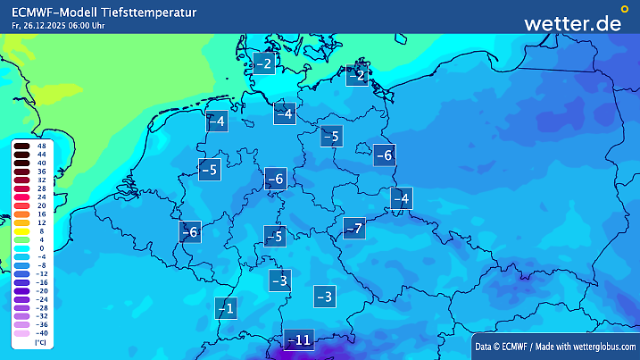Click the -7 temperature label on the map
pyautogui.click(x=354, y=228)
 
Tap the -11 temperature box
pyautogui.click(x=298, y=339)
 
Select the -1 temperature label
pyautogui.click(x=226, y=308)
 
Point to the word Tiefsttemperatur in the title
pyautogui.click(x=149, y=12)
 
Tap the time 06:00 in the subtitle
pyautogui.click(x=79, y=25)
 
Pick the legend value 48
pyautogui.click(x=42, y=146)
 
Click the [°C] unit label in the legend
pyautogui.click(x=40, y=342)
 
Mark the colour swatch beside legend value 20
pyautogui.click(x=22, y=205)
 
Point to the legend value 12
pyautogui.click(x=41, y=222)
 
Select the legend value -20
pyautogui.click(x=41, y=291)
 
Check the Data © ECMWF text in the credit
pyautogui.click(x=505, y=346)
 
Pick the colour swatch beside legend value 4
pyautogui.click(x=22, y=239)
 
